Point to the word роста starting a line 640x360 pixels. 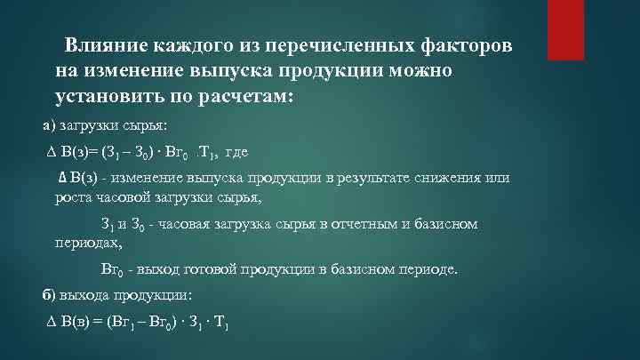(x=73, y=196)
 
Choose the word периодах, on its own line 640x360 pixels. (x=84, y=240)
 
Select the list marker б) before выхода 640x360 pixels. (x=49, y=294)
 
